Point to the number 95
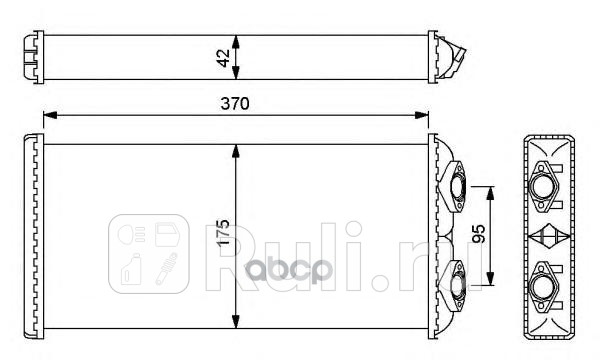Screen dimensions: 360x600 (479, 234)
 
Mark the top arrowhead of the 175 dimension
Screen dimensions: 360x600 (236, 150)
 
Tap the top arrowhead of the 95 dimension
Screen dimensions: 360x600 (491, 191)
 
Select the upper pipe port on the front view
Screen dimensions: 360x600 (459, 186)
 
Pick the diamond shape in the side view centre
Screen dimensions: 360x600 (546, 237)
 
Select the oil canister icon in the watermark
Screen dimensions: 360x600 (129, 273)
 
